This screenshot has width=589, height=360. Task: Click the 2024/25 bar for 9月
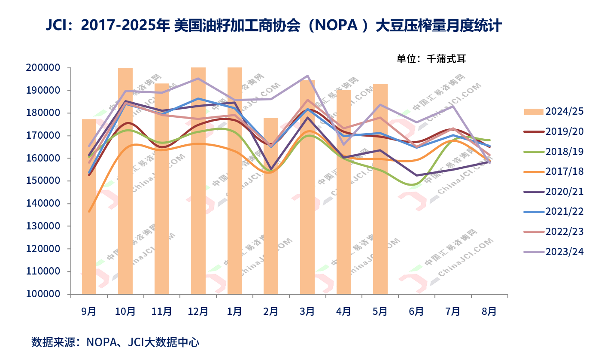pos(89,206)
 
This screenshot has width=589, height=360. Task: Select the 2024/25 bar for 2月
pos(271,206)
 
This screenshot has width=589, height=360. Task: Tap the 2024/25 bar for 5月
pos(380,189)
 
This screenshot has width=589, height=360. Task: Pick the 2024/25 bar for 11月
pos(162,189)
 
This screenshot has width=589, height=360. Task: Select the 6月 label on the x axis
pos(416,311)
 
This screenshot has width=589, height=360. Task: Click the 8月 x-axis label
pos(489,311)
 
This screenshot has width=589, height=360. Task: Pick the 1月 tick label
pos(234,311)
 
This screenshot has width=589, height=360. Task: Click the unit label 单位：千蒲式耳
pos(431,59)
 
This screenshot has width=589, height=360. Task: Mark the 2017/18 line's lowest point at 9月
pos(89,211)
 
